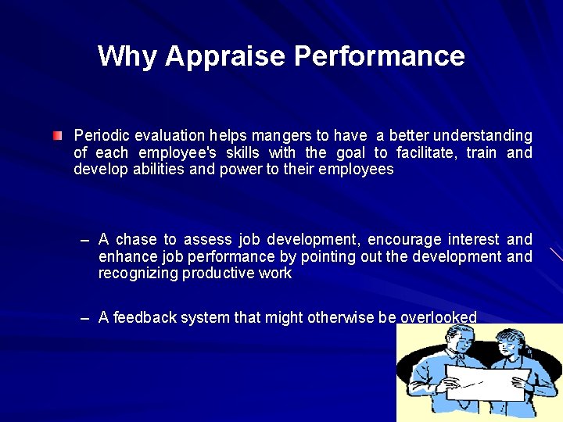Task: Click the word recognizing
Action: pyautogui.click(x=138, y=274)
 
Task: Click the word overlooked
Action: pyautogui.click(x=438, y=317)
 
